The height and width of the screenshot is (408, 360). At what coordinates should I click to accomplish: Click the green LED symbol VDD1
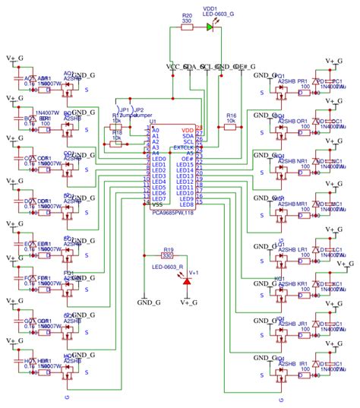[x=210, y=27]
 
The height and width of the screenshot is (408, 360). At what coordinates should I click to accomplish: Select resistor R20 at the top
[x=187, y=27]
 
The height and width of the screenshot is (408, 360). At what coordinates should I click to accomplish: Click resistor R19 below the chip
[x=167, y=256]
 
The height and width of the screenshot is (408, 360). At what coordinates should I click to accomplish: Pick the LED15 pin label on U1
[x=185, y=164]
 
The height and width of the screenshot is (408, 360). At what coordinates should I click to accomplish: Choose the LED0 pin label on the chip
[x=158, y=158]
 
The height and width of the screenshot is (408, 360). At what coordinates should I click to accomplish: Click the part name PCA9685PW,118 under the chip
[x=172, y=212]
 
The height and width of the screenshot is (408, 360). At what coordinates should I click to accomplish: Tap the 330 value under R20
[x=187, y=22]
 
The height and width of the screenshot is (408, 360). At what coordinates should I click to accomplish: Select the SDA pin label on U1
[x=188, y=134]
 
